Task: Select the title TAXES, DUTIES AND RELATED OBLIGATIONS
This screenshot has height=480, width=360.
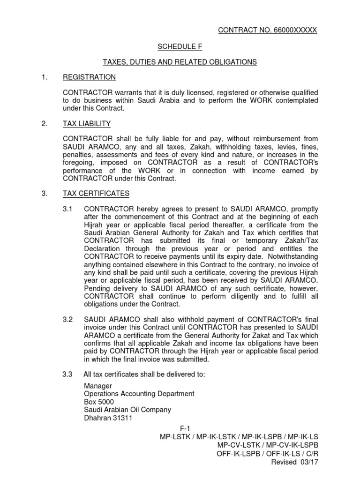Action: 180,62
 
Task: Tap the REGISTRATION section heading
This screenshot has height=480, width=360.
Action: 90,77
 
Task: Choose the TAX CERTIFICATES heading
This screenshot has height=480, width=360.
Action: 97,193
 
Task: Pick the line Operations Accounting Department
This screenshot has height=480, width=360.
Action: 139,394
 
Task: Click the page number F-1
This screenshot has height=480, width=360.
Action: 184,428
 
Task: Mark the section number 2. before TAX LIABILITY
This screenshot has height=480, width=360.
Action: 45,124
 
